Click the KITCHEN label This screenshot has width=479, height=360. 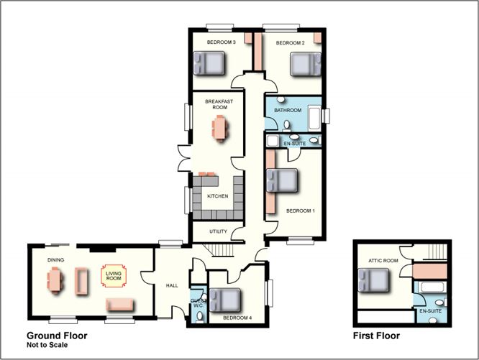pyautogui.click(x=217, y=196)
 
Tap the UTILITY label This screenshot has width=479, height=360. pyautogui.click(x=219, y=231)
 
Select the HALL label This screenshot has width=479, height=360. pyautogui.click(x=172, y=285)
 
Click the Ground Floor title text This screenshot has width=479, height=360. pyautogui.click(x=57, y=336)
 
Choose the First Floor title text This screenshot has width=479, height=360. pyautogui.click(x=376, y=336)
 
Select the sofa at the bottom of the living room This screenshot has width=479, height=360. pyautogui.click(x=119, y=305)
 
